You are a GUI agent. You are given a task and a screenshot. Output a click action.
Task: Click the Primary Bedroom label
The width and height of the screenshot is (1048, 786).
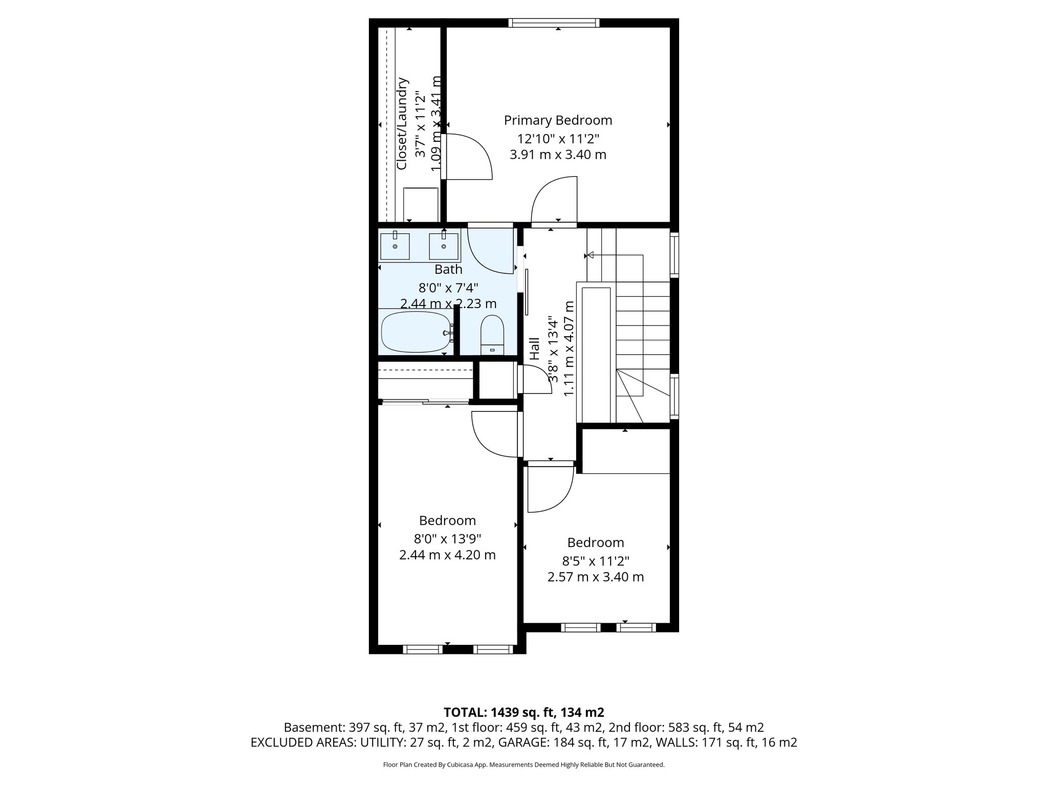coord(558,120)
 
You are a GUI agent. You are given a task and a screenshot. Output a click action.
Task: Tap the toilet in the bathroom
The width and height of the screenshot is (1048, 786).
coord(493,335)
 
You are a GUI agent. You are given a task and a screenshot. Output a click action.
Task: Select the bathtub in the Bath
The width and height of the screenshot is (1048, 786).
coord(417,332)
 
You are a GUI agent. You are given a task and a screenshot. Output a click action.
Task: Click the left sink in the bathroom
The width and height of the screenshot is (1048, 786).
coord(395,246)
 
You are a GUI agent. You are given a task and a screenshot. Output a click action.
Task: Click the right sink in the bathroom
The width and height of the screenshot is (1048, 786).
coord(444,246)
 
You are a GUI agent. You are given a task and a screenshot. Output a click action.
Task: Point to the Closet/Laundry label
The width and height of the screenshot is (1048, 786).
coord(402,124)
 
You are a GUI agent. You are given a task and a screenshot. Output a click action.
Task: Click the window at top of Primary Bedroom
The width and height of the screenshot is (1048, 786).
coord(554,23)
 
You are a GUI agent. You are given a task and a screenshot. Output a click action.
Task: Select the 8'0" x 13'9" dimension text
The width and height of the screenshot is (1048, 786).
coord(447,538)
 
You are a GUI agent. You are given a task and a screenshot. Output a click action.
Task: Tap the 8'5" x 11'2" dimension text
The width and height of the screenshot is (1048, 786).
coord(595,561)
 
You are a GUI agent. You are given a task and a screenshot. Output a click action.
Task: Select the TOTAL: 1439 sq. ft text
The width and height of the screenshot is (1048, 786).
coord(523,712)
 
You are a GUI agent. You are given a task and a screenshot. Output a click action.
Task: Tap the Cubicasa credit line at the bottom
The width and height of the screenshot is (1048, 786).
coord(523,765)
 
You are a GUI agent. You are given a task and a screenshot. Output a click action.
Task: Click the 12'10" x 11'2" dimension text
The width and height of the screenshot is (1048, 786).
coord(558,138)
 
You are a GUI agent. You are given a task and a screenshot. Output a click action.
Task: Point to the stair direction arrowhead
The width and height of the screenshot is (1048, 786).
coord(589,255)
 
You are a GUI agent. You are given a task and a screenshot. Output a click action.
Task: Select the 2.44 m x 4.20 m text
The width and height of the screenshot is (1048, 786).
coord(447,555)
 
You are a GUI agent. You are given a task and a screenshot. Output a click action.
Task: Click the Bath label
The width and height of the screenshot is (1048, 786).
coord(448,269)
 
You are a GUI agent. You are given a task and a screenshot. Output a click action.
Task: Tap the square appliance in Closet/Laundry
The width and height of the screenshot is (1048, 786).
coord(421,204)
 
